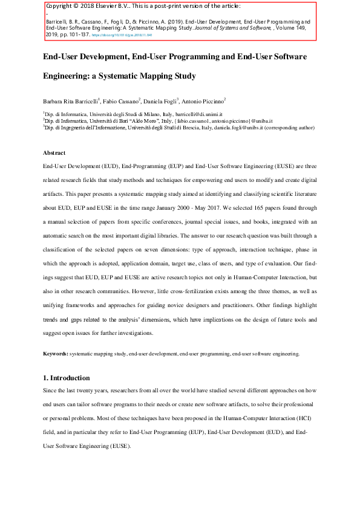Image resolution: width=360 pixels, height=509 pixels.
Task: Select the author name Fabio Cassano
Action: click(x=121, y=100)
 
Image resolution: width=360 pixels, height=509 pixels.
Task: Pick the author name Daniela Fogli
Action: click(x=165, y=100)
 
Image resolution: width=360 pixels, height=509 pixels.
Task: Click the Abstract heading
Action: click(x=54, y=153)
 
